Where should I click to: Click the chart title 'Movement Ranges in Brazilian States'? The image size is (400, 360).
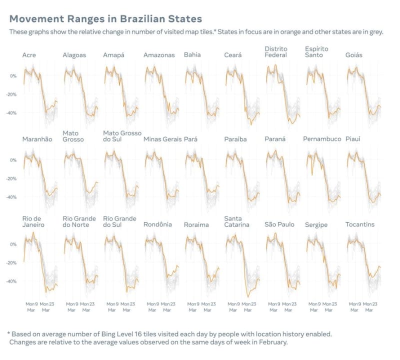[105, 19]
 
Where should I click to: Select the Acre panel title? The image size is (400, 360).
[29, 55]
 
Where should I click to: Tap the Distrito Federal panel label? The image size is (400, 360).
[276, 51]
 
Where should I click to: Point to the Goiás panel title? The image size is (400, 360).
[354, 55]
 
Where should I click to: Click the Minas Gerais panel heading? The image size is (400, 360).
[162, 139]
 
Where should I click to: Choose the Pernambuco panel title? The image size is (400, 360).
[322, 139]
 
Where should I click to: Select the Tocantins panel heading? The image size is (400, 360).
[360, 224]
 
